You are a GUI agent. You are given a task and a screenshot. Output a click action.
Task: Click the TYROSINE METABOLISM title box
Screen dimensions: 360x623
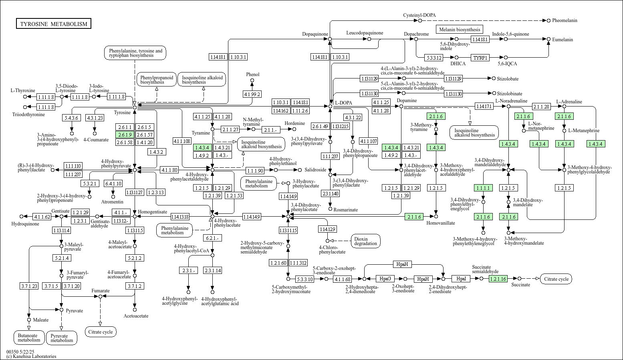[x=54, y=24]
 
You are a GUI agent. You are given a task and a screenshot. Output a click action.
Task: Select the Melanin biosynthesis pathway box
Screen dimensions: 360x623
[x=459, y=30]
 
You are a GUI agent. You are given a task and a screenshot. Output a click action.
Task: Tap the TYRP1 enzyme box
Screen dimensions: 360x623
[x=480, y=58]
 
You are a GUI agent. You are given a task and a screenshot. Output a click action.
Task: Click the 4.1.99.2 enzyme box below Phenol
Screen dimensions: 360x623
[x=252, y=95]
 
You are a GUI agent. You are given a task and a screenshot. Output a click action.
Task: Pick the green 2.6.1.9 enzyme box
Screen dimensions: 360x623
[x=125, y=135]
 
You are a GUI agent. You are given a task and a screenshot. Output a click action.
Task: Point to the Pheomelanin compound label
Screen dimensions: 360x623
[x=565, y=20]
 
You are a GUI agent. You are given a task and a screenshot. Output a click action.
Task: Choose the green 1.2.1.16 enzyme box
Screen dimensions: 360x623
[x=498, y=279]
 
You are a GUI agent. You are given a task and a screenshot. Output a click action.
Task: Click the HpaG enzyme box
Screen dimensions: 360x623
[x=385, y=279]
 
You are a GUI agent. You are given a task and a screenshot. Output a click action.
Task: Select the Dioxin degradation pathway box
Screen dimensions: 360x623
[x=365, y=241]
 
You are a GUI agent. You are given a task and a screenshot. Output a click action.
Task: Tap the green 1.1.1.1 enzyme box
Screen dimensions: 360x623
[x=483, y=188]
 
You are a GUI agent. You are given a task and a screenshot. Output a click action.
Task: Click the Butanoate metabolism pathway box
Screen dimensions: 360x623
[x=29, y=338]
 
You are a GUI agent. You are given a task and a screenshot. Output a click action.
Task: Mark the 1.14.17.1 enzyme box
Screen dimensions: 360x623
[x=484, y=107]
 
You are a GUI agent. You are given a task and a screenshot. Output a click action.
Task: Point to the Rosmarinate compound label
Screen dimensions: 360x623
[x=346, y=210]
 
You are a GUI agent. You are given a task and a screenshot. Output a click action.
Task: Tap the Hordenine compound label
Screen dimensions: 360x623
[x=295, y=123]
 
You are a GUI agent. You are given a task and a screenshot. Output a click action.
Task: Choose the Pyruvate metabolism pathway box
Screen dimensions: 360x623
[x=62, y=338]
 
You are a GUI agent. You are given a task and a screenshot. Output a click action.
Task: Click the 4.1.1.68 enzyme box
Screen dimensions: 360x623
[x=343, y=279]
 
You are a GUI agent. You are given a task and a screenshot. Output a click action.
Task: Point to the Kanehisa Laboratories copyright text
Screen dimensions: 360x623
[x=31, y=356]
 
